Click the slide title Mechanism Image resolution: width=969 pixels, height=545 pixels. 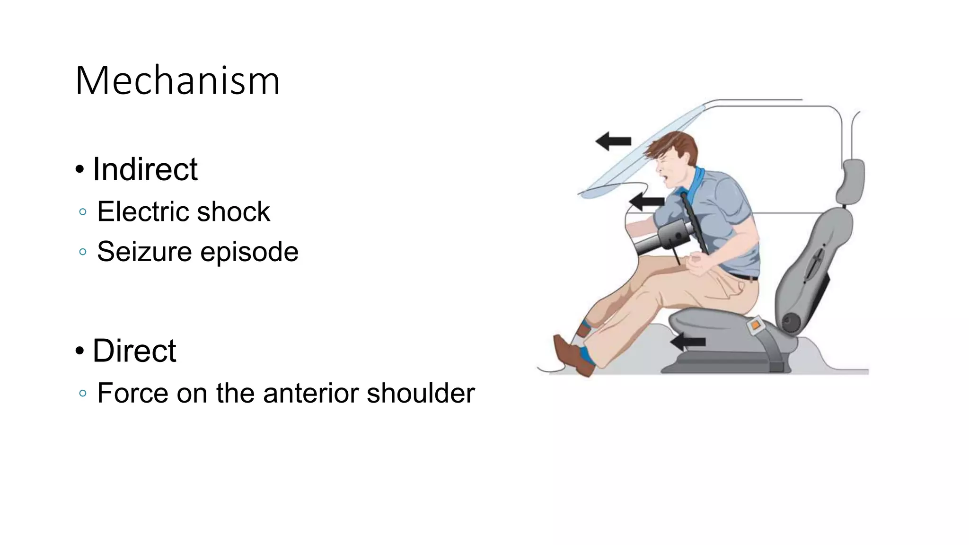pos(177,81)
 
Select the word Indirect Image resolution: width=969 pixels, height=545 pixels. pos(145,169)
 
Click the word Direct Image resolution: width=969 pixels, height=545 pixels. pos(134,351)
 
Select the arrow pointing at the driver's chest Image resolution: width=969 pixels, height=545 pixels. pos(646,201)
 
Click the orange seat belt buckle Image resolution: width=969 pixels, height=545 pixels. pos(755,325)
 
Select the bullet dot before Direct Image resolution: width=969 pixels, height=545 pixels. pos(80,351)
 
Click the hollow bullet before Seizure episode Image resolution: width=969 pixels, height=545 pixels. pos(83,252)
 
